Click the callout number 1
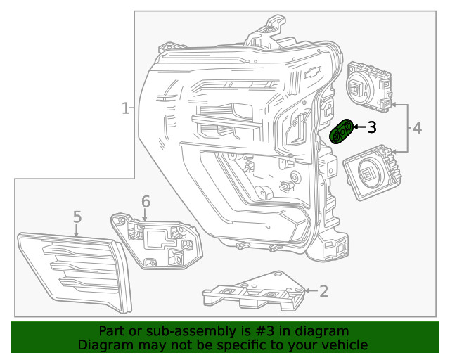pos(125,109)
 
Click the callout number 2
pos(323,290)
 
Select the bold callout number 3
pos(371,127)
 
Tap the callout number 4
pos(417,128)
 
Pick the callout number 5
pos(77,217)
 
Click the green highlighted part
pos(342,131)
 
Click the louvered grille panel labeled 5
pos(70,271)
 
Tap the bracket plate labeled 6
pos(158,239)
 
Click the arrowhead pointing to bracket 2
pos(307,290)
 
